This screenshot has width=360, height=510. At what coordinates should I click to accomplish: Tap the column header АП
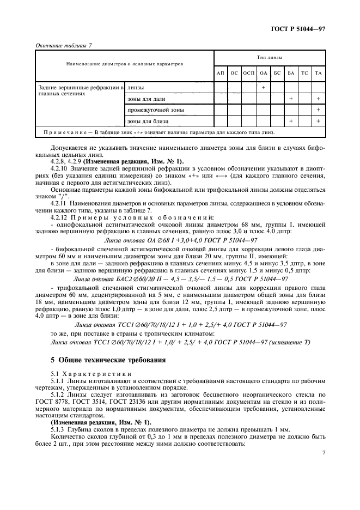tap(220, 73)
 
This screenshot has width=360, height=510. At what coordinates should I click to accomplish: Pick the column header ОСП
tap(249, 73)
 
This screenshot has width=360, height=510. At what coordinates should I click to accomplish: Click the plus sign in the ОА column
tap(264, 87)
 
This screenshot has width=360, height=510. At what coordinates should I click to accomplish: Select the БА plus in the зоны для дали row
tap(291, 99)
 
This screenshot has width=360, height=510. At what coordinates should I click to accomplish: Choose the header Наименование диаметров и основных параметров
tap(124, 64)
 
